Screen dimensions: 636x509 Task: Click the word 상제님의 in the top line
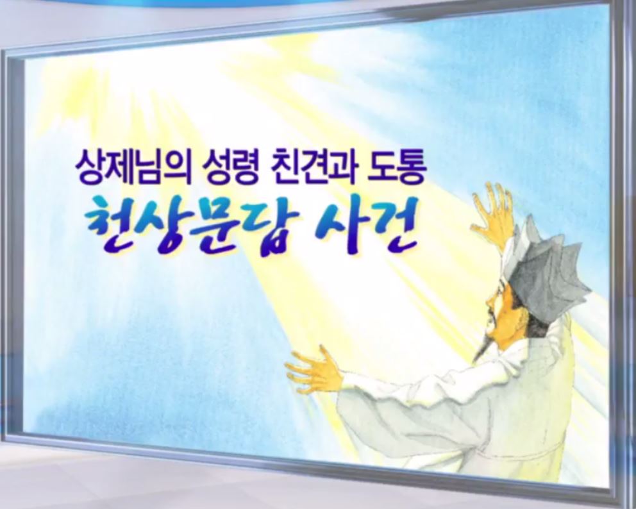click(x=130, y=165)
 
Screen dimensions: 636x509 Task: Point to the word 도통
click(x=396, y=165)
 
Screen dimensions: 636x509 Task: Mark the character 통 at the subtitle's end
click(x=410, y=165)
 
